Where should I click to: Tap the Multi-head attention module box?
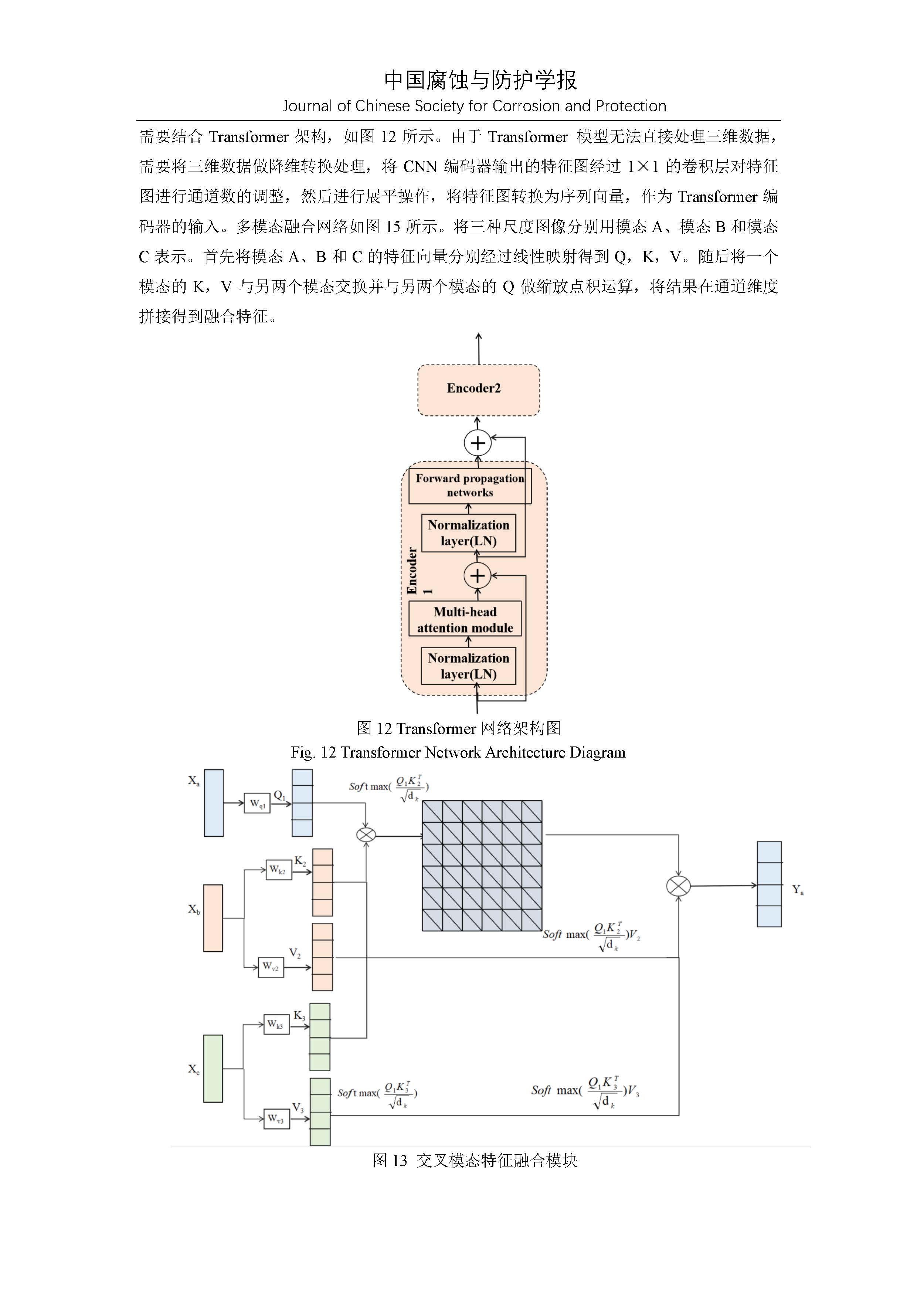pos(465,619)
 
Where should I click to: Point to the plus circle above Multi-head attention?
pos(478,576)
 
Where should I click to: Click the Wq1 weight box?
pos(257,803)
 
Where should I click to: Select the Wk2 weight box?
pos(278,870)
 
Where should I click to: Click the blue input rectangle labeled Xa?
pos(213,803)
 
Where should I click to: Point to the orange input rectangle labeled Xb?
pos(213,918)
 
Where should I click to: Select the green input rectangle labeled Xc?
pos(213,1069)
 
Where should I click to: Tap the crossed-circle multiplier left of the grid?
pos(366,834)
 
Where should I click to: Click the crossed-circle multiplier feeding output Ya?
pos(678,886)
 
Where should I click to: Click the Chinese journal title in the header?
pos(480,80)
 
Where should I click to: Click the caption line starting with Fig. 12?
pos(458,752)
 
